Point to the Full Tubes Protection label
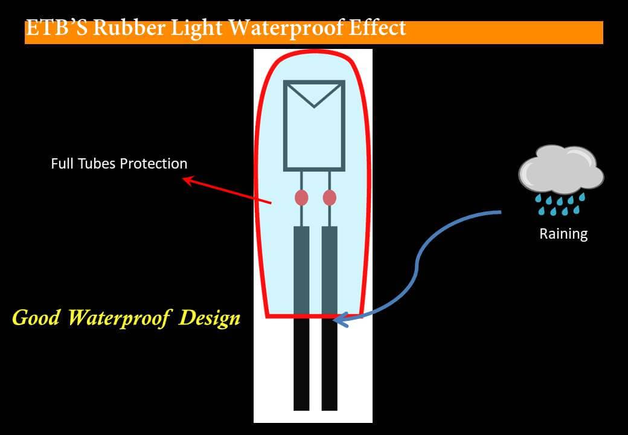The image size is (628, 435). click(x=119, y=163)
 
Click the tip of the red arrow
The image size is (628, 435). click(x=183, y=179)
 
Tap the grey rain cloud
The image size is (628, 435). click(x=561, y=170)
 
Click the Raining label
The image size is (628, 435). click(x=563, y=234)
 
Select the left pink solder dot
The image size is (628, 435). click(x=301, y=198)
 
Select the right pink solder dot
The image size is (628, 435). click(x=329, y=198)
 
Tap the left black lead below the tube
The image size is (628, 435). click(x=301, y=364)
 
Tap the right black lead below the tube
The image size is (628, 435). click(x=329, y=364)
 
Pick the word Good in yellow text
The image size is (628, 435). click(x=36, y=317)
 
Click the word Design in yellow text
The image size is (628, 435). click(x=210, y=318)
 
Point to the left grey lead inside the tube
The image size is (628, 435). click(x=301, y=269)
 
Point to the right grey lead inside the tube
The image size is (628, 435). click(x=329, y=269)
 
